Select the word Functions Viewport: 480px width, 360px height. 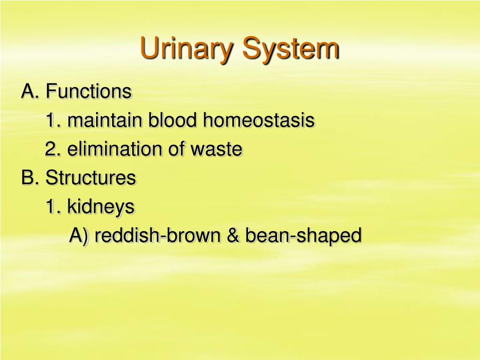pyautogui.click(x=89, y=91)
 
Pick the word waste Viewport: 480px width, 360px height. pyautogui.click(x=217, y=149)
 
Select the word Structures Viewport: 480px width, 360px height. pyautogui.click(x=90, y=177)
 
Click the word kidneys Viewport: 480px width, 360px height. pyautogui.click(x=101, y=207)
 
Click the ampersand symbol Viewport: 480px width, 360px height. pyautogui.click(x=233, y=235)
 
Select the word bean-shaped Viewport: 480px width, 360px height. pyautogui.click(x=303, y=236)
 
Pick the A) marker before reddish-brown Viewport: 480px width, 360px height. pyautogui.click(x=79, y=236)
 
